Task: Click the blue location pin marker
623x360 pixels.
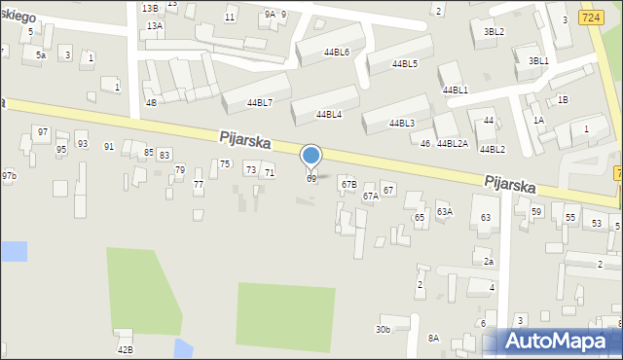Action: (311, 157)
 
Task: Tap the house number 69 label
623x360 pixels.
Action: (311, 179)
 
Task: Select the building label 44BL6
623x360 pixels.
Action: (332, 52)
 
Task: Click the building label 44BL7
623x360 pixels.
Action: (259, 102)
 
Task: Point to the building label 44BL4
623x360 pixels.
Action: (328, 115)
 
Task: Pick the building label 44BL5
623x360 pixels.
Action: (404, 64)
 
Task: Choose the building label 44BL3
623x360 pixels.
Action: (401, 124)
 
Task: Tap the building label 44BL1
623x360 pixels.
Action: (455, 90)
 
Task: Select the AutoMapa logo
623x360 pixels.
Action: (558, 341)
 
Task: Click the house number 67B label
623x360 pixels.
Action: (348, 185)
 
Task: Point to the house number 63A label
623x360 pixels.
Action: (444, 211)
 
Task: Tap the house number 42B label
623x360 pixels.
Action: (125, 349)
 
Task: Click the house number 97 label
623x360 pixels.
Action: (42, 131)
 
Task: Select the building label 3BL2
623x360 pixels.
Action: (494, 31)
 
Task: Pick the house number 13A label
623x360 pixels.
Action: (154, 25)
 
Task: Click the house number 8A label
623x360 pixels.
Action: (433, 338)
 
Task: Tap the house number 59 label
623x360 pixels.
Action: (536, 212)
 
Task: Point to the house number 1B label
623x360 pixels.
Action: (563, 99)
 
